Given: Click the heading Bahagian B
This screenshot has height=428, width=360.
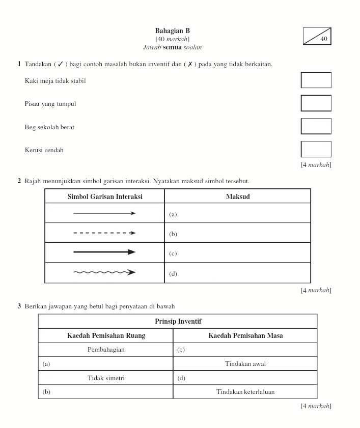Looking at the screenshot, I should (x=172, y=31).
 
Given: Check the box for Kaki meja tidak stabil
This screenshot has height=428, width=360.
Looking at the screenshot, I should (x=316, y=80).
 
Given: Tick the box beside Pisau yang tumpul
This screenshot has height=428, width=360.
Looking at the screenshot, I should (x=316, y=103).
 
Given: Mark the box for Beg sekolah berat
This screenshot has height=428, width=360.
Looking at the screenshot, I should (x=316, y=126).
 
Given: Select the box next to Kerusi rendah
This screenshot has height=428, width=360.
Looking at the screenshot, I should (x=316, y=149).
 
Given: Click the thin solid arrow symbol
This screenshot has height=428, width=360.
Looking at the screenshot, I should (x=104, y=213).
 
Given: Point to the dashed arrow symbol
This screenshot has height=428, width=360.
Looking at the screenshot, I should (x=104, y=233).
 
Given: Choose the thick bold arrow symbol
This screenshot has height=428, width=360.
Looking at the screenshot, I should (x=104, y=252).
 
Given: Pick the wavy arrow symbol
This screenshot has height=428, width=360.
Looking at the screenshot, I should (x=104, y=272).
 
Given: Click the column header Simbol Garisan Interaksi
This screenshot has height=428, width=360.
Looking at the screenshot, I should (x=105, y=196).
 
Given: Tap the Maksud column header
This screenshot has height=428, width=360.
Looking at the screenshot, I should (x=237, y=196).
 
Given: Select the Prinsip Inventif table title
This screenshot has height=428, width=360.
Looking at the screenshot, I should (x=177, y=321).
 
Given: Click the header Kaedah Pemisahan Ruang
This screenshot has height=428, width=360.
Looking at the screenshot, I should (x=106, y=335).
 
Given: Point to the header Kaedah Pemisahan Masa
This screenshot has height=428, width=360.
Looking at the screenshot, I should (x=245, y=335).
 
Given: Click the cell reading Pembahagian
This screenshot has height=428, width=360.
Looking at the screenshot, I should (x=106, y=350).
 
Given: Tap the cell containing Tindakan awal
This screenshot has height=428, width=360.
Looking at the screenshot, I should (x=245, y=363).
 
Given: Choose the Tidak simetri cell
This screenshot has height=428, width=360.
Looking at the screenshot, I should (x=106, y=378).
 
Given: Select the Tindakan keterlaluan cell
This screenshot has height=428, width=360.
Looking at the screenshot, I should (x=245, y=392).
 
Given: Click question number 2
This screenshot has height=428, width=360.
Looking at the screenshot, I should (x=19, y=181).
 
